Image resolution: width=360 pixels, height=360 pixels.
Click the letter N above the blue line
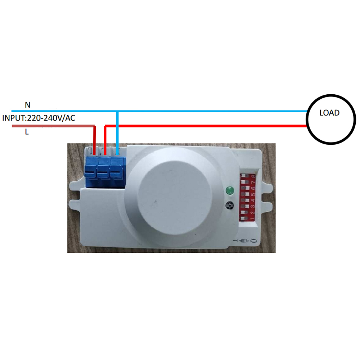click(x=28, y=105)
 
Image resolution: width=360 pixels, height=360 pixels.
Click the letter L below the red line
click(x=27, y=132)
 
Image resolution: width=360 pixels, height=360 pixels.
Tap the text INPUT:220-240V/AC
click(x=39, y=118)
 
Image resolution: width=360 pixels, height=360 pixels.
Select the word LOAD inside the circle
click(x=329, y=113)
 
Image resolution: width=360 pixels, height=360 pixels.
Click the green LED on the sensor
click(x=230, y=190)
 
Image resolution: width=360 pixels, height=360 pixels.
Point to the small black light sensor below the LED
click(x=230, y=205)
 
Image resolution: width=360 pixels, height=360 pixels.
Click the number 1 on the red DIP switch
click(x=252, y=219)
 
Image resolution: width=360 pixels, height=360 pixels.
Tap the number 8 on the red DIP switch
click(x=253, y=176)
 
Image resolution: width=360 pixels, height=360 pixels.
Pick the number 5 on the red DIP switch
click(x=253, y=194)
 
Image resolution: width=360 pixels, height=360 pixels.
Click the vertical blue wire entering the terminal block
click(x=117, y=133)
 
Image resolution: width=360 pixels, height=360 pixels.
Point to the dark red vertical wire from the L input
click(x=94, y=140)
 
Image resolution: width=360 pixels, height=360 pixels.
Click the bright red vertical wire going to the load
click(x=105, y=140)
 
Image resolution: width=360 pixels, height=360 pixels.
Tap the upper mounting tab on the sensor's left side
click(x=75, y=185)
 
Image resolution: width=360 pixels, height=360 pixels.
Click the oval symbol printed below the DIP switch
click(x=254, y=241)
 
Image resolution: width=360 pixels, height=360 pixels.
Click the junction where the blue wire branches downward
click(x=117, y=111)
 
